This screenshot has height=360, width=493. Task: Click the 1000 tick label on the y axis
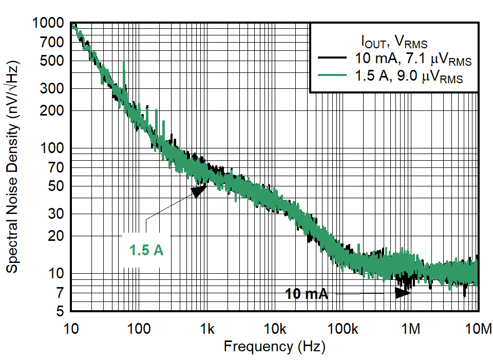click(49, 23)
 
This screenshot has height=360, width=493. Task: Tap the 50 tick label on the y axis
click(56, 186)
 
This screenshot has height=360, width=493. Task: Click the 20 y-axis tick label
click(56, 236)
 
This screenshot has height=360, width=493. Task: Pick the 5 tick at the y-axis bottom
click(60, 311)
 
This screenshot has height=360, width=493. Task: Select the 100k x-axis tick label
click(343, 328)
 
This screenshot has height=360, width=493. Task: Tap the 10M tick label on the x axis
click(478, 328)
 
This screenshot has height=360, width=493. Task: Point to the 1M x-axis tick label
click(410, 328)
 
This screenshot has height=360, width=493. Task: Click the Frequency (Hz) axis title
click(274, 347)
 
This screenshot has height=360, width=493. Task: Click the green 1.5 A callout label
click(146, 251)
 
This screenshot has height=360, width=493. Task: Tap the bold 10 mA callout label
click(307, 294)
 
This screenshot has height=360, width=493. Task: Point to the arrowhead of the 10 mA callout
click(402, 293)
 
